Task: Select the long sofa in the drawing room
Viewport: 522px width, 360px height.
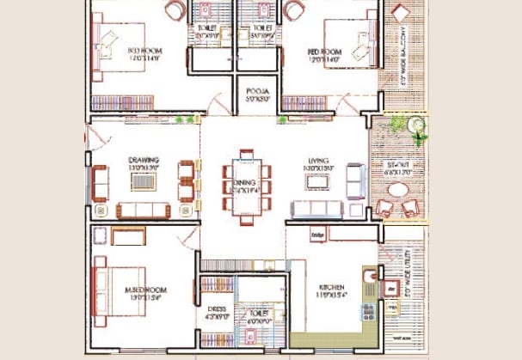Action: (x=141, y=211)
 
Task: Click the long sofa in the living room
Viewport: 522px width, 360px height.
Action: (x=316, y=209)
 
